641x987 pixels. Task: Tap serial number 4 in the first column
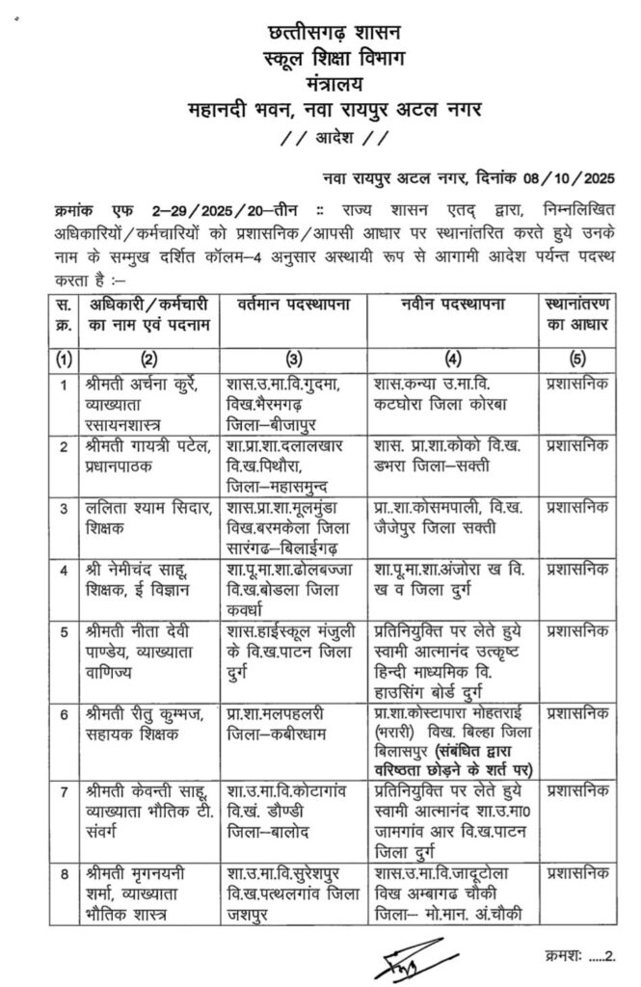click(64, 568)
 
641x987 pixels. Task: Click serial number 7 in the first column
click(64, 790)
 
